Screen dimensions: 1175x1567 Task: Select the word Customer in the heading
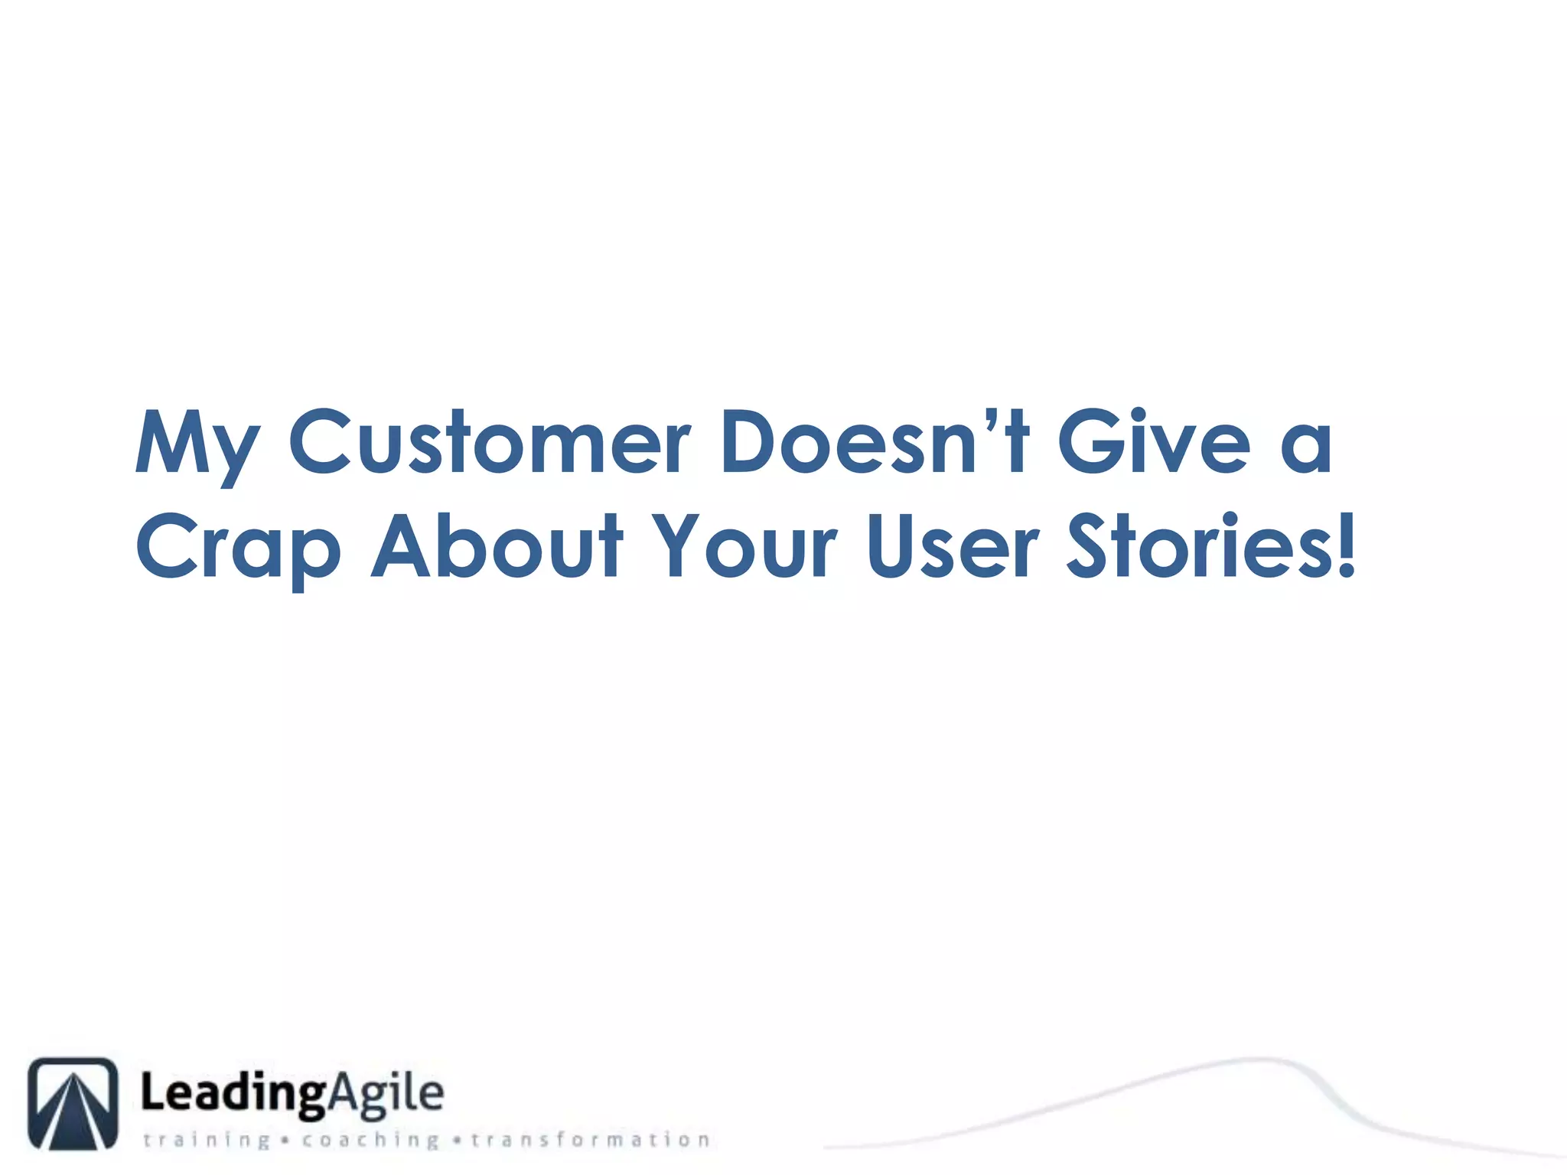point(489,442)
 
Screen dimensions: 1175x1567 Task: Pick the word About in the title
point(497,545)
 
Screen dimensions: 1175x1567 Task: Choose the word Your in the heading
point(747,545)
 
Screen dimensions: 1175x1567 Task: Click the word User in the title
point(953,545)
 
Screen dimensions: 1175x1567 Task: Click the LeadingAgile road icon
point(73,1102)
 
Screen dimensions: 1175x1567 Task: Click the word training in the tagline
point(207,1141)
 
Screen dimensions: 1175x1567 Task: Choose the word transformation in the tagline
point(590,1141)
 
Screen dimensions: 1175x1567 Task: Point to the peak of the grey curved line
point(1255,1059)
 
